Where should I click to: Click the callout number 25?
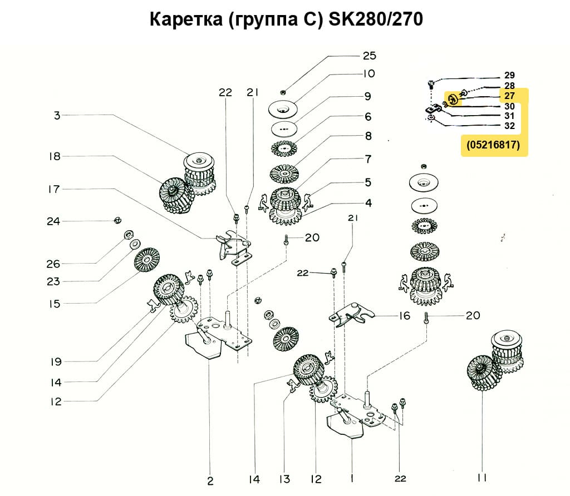tap(369, 56)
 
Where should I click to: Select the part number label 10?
tap(369, 73)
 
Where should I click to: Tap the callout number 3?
tap(57, 116)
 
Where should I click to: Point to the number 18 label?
tap(54, 156)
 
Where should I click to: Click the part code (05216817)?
tap(494, 146)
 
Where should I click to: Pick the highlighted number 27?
tap(509, 96)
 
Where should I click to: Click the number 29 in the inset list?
tap(509, 75)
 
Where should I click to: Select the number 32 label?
tap(509, 126)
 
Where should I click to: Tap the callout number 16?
tap(404, 316)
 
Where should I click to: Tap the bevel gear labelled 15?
tap(147, 260)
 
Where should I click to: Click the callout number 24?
tap(53, 221)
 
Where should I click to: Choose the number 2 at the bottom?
tap(210, 480)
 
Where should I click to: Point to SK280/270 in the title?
tap(376, 20)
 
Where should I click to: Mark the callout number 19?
tap(55, 362)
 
